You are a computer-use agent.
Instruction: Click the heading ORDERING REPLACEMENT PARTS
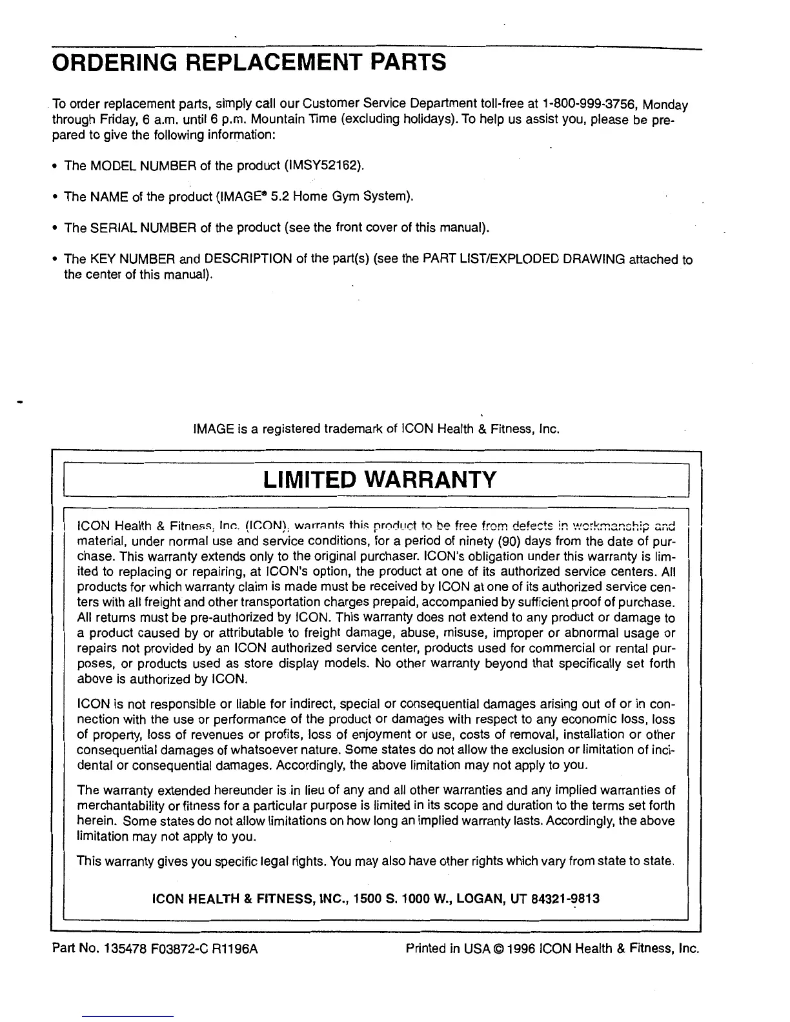[248, 64]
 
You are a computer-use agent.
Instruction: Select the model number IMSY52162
[323, 166]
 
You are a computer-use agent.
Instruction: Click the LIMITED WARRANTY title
[380, 480]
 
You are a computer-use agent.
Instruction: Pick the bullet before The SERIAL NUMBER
[56, 229]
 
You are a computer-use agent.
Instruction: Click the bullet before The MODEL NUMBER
[56, 166]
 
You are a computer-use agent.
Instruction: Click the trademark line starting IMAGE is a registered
[374, 428]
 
